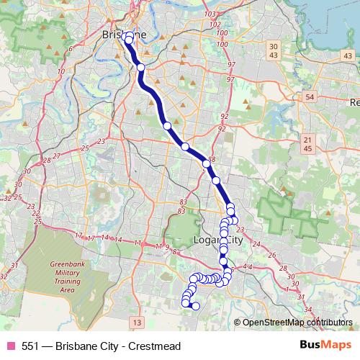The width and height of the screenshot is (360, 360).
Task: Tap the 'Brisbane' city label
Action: click(x=124, y=34)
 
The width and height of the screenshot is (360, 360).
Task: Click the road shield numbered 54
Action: click(x=309, y=96)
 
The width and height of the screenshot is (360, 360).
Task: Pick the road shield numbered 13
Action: click(x=137, y=321)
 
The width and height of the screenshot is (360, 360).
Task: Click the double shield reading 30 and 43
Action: click(x=273, y=50)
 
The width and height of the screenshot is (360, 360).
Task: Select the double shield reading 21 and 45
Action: click(x=307, y=144)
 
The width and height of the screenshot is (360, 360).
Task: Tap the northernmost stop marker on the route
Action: click(x=127, y=35)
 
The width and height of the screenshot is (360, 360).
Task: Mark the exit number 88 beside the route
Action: click(x=212, y=160)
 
